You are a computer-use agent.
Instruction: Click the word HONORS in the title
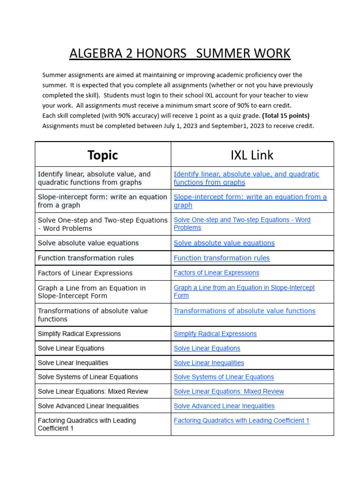[x=163, y=53]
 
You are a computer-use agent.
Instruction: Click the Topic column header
[x=103, y=155]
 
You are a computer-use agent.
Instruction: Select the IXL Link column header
[x=252, y=155]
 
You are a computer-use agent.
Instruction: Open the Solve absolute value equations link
[x=224, y=243]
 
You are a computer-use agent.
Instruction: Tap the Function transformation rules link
[x=222, y=258]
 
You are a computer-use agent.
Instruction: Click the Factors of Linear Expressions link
[x=216, y=273]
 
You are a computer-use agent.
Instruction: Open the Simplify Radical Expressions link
[x=215, y=334]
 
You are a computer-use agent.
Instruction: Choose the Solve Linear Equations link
[x=207, y=348]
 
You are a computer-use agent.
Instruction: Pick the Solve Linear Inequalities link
[x=209, y=363]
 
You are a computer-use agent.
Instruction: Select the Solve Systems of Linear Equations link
[x=224, y=377]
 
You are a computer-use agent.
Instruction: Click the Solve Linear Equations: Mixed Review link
[x=229, y=391]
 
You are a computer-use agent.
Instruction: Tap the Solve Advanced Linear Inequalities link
[x=224, y=406]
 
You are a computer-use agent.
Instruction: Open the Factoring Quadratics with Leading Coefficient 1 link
[x=241, y=421]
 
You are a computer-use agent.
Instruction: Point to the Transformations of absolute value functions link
[x=244, y=311]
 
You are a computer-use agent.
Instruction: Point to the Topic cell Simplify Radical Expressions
[x=79, y=334]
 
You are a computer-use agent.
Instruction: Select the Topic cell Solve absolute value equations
[x=88, y=243]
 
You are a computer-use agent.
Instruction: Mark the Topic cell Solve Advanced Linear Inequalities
[x=88, y=406]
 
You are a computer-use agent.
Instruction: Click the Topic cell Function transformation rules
[x=86, y=258]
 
